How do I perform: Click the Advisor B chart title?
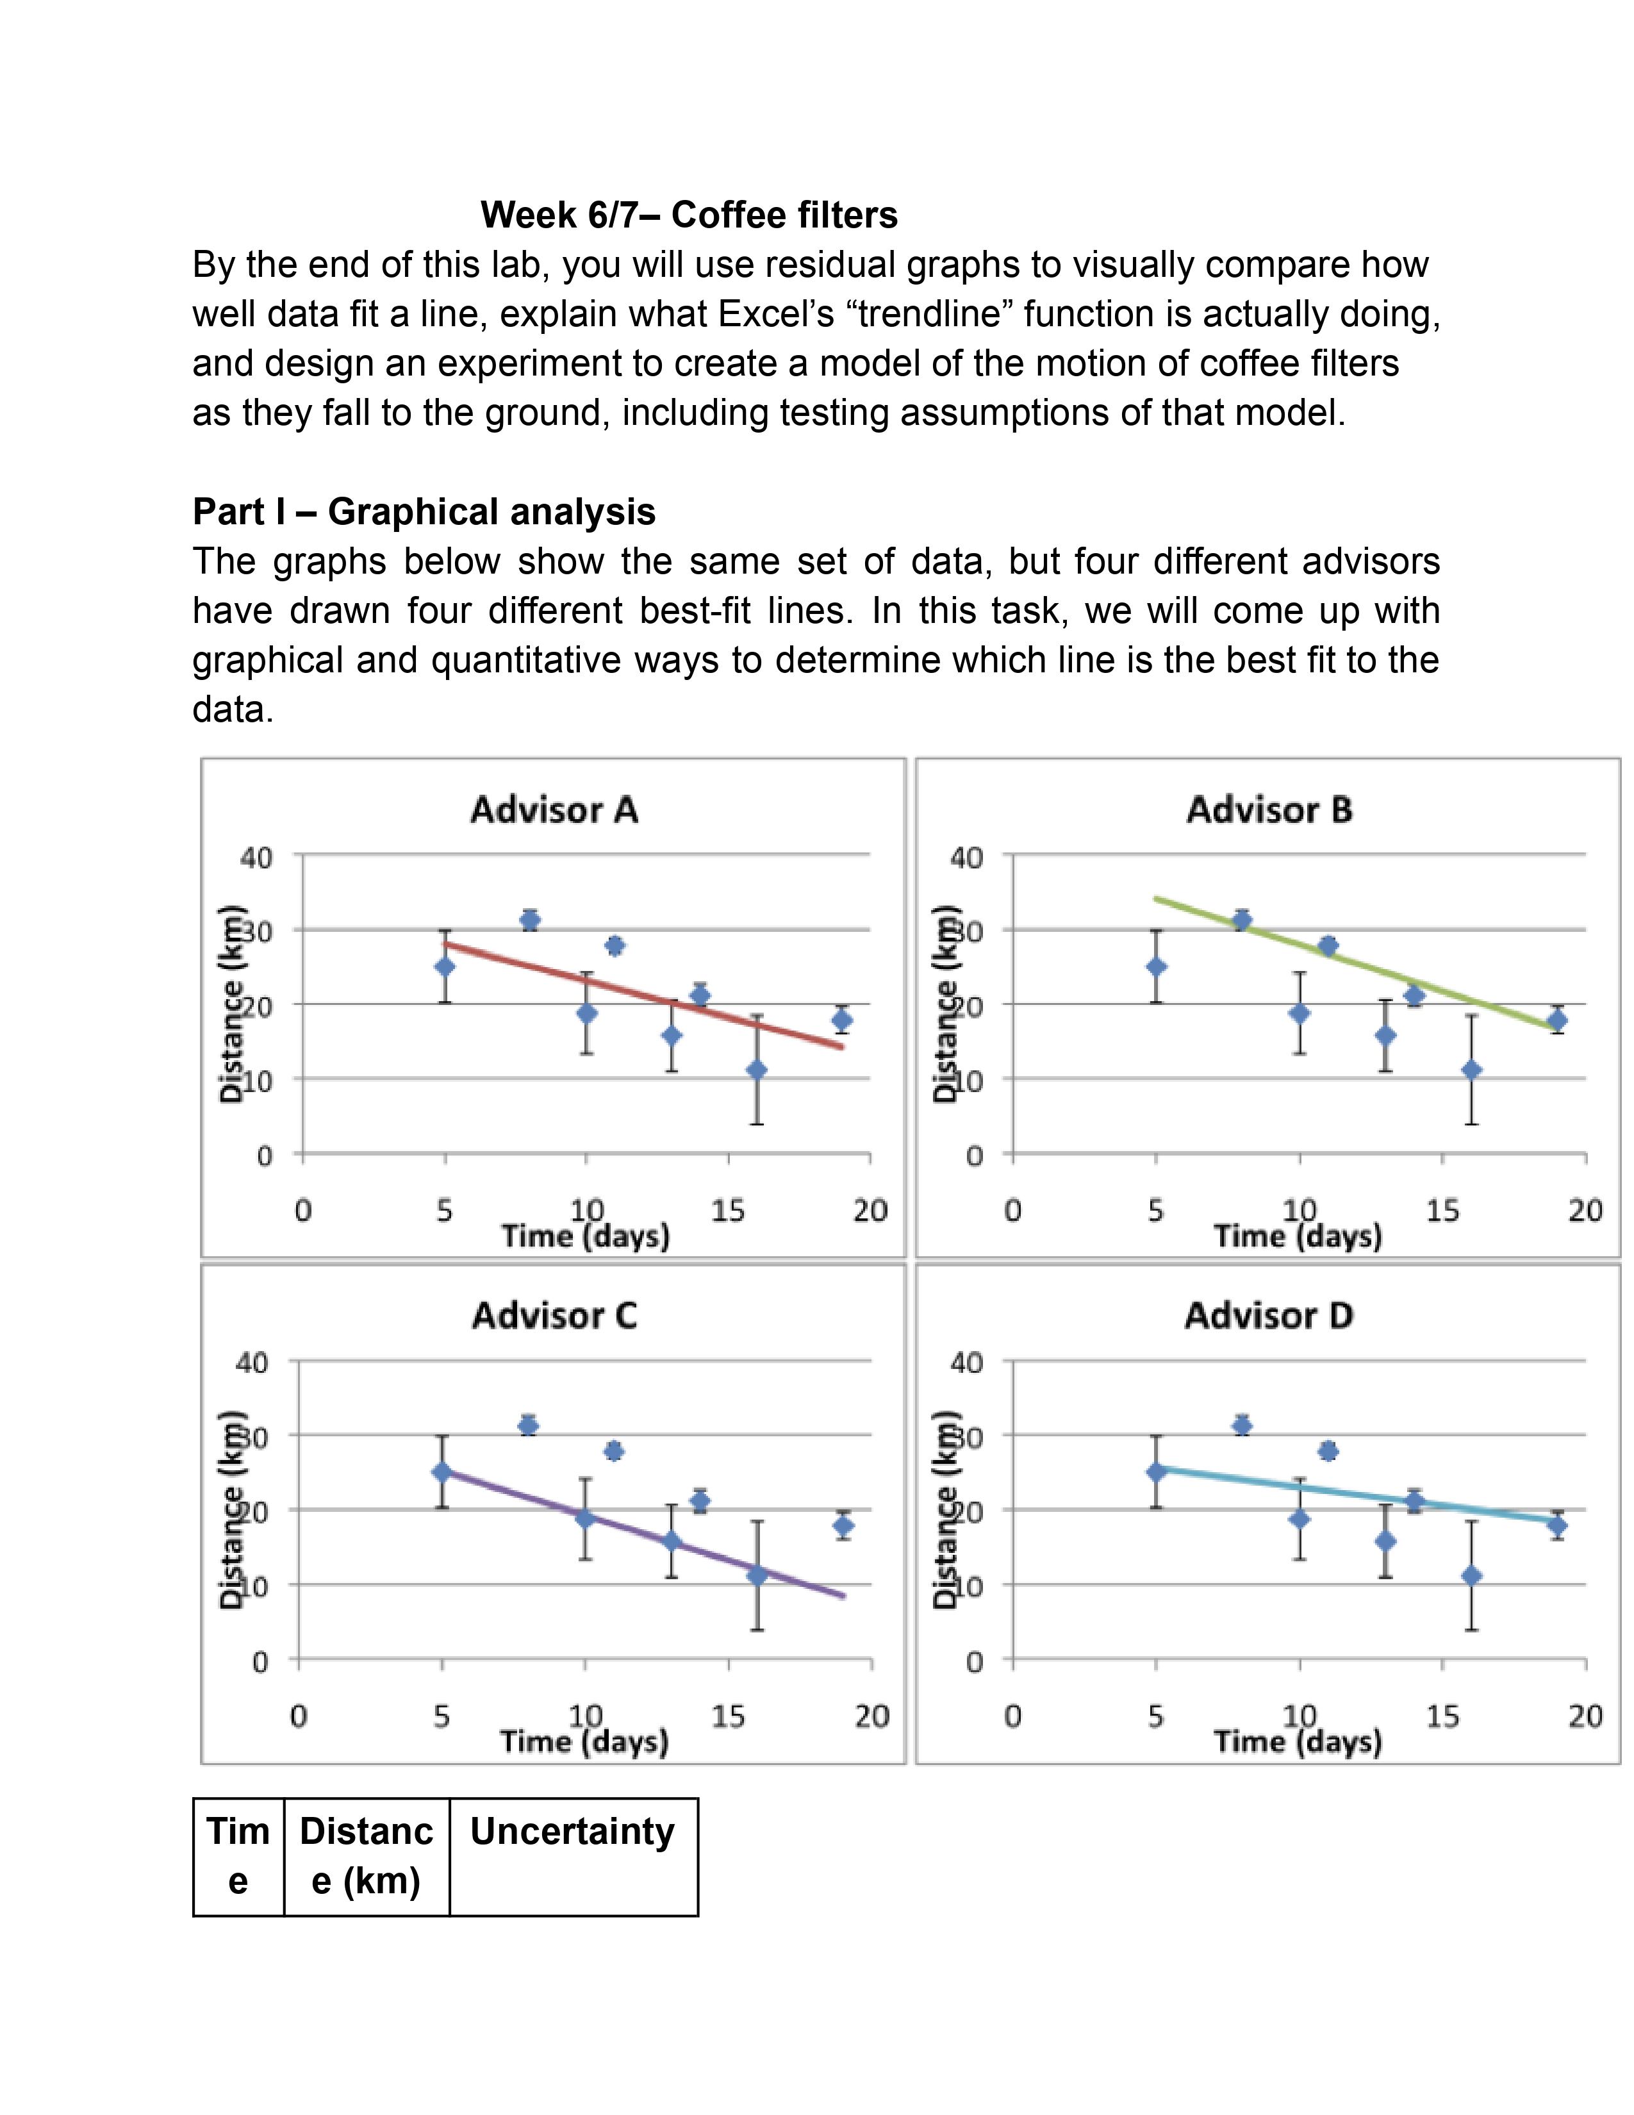[x=1269, y=809]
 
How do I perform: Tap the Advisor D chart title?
[x=1268, y=1315]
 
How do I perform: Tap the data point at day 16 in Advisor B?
[x=1471, y=1069]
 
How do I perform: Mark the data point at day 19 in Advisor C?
[x=843, y=1526]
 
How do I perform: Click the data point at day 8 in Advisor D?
[x=1242, y=1425]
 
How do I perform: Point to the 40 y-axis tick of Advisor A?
[x=256, y=857]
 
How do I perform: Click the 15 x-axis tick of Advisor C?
[x=728, y=1716]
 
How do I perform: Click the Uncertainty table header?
[x=572, y=1831]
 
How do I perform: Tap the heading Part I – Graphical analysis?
[x=424, y=511]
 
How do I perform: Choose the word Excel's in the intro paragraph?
[x=780, y=314]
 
